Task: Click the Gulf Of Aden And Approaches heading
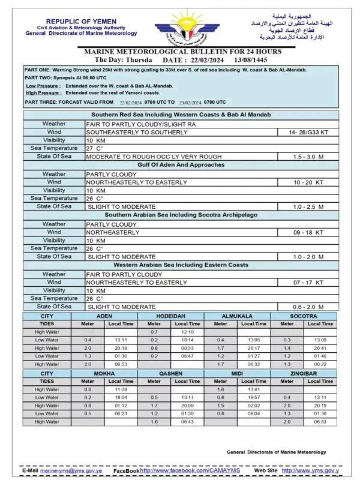click(181, 164)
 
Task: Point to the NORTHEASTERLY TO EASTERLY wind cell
click(136, 182)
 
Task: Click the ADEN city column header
click(104, 316)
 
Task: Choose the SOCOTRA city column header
click(304, 316)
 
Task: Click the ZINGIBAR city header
click(304, 373)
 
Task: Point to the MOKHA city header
click(104, 373)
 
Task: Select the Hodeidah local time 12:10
click(187, 332)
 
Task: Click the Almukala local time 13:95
click(253, 340)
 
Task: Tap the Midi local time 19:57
click(253, 397)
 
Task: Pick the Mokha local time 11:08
click(121, 389)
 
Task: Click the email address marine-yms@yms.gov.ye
click(71, 470)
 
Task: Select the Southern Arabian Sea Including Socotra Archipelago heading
click(181, 215)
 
